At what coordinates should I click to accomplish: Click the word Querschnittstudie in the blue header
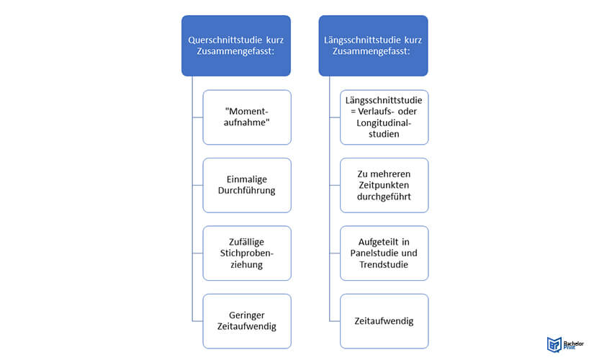tap(220, 40)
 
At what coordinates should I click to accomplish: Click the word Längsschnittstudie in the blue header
tap(362, 40)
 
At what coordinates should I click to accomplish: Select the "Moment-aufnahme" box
tap(247, 117)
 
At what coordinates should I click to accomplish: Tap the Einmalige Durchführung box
tap(247, 185)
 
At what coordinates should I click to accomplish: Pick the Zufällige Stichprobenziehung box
tap(247, 253)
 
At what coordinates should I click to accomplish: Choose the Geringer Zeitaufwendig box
tap(247, 321)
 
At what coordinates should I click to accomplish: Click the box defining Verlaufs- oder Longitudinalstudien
tap(384, 117)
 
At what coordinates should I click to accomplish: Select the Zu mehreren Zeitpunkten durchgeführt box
tap(384, 185)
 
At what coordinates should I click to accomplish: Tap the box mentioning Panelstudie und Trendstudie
tap(384, 253)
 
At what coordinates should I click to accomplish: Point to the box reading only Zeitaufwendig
tap(384, 321)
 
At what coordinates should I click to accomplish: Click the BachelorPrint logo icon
tap(554, 344)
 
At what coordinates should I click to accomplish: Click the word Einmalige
tap(247, 179)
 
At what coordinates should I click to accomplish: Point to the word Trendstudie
tap(384, 264)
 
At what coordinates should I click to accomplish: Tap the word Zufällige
tap(247, 242)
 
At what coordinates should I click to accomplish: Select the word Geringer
tap(247, 315)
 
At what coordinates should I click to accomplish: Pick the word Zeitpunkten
tap(384, 185)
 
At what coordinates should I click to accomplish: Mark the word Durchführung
tap(247, 190)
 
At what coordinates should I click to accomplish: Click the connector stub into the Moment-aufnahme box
tap(197, 117)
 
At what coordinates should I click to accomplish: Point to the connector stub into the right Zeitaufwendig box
tap(335, 321)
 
